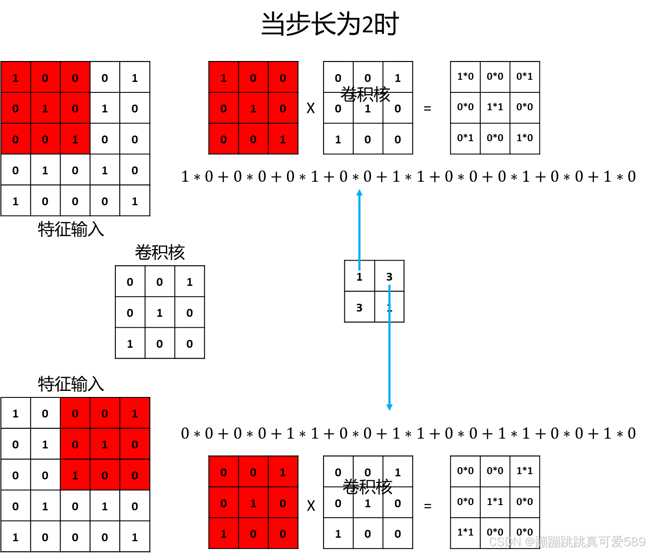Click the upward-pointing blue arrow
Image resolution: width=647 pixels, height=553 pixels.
click(x=359, y=227)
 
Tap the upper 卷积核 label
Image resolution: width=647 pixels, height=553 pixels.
click(x=365, y=94)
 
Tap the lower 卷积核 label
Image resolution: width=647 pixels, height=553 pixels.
click(x=367, y=487)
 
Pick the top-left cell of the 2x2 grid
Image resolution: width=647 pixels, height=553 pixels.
click(x=360, y=276)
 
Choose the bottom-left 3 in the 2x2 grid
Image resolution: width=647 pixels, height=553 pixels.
click(x=360, y=307)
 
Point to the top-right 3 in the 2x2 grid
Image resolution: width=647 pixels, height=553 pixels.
click(x=389, y=276)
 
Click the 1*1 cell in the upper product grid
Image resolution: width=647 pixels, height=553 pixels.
click(x=495, y=107)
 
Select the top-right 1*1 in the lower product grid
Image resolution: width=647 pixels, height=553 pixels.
click(x=525, y=471)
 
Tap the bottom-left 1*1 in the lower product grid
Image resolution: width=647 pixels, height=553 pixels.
click(x=465, y=532)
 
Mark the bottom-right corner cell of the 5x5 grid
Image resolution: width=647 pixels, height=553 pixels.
click(x=135, y=201)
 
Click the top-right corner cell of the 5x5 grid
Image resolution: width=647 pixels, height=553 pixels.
click(x=135, y=78)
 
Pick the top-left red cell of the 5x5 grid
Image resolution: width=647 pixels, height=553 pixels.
click(x=16, y=78)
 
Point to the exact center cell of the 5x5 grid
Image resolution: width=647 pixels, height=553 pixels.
click(x=75, y=139)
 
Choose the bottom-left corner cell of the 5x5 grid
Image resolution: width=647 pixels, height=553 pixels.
click(x=16, y=201)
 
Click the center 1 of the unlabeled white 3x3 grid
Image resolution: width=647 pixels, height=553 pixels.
click(x=160, y=312)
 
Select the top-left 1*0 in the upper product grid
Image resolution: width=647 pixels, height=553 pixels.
click(x=465, y=77)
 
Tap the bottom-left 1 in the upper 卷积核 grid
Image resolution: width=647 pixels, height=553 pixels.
click(x=338, y=139)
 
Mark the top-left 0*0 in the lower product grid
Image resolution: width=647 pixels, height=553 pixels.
click(x=465, y=471)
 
